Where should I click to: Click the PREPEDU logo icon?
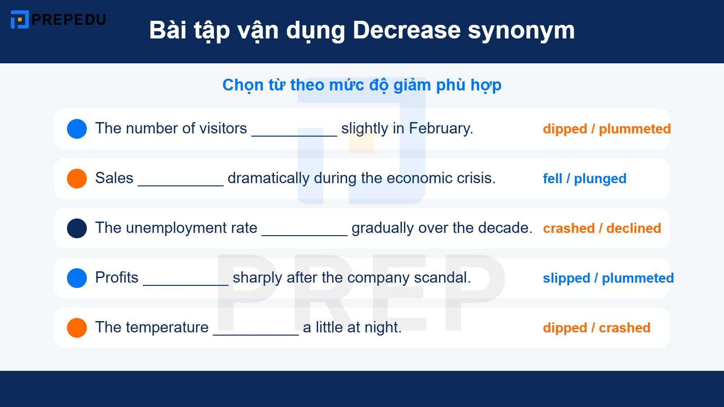pos(19,19)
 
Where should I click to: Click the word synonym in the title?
pos(521,31)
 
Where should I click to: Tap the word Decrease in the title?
pos(406,31)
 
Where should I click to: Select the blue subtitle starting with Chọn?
pos(362,85)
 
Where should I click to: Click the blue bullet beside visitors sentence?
pos(77,129)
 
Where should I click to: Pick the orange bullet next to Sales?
pos(77,179)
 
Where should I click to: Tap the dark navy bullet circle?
pos(77,228)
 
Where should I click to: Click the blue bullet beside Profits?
pos(77,278)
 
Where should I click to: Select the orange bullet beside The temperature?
pos(77,328)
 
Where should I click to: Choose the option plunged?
pos(600,179)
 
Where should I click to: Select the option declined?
pos(633,228)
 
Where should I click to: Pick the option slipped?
pos(566,278)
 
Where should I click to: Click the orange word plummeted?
pos(634,129)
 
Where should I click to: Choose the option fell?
pos(552,179)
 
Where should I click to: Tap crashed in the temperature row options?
pos(624,328)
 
